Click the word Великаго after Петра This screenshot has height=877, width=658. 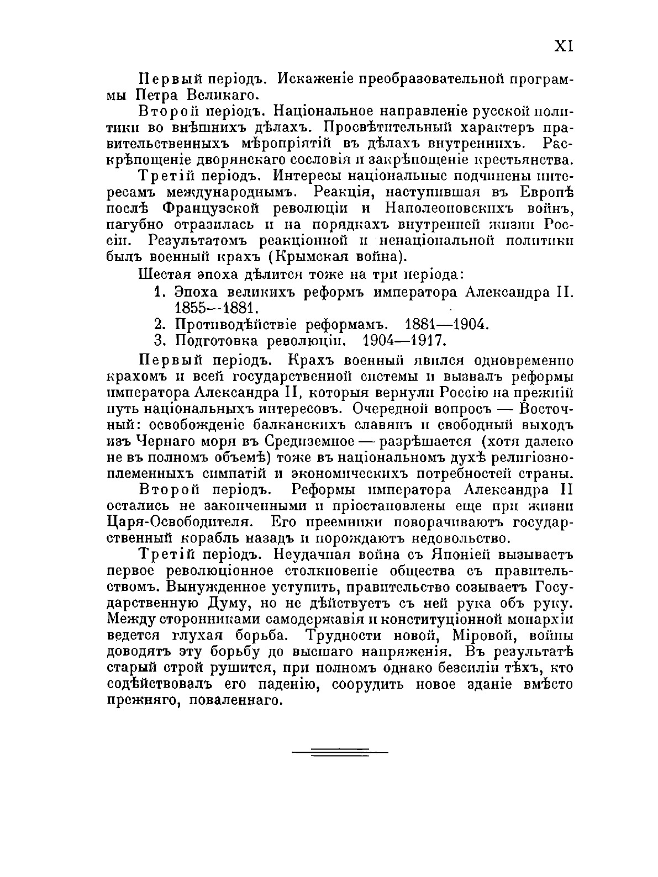(x=218, y=94)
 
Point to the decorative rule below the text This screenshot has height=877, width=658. (x=339, y=752)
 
